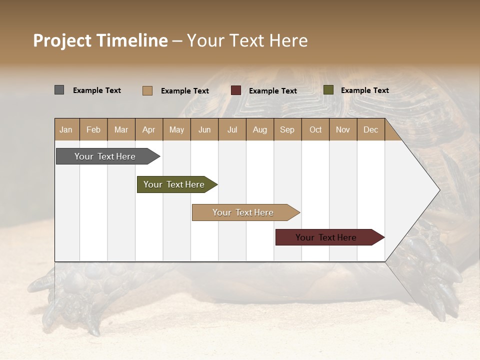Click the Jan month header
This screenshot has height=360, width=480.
[66, 130]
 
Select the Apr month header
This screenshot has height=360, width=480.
[148, 130]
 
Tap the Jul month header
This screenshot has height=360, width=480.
[232, 130]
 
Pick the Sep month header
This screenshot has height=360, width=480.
[287, 130]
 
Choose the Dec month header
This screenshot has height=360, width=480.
[370, 130]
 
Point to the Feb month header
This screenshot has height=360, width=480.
[93, 130]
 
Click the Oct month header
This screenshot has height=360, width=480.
[315, 130]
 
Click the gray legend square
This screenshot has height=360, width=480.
[59, 90]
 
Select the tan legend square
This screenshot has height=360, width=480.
[147, 90]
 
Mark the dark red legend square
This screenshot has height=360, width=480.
[236, 90]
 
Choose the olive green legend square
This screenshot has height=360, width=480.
[328, 90]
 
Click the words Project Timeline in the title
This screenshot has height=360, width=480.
[100, 40]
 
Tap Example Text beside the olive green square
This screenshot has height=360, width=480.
[364, 90]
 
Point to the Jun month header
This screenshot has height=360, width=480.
[204, 130]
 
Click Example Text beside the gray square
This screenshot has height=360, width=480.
[97, 90]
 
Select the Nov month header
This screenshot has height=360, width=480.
[343, 130]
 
